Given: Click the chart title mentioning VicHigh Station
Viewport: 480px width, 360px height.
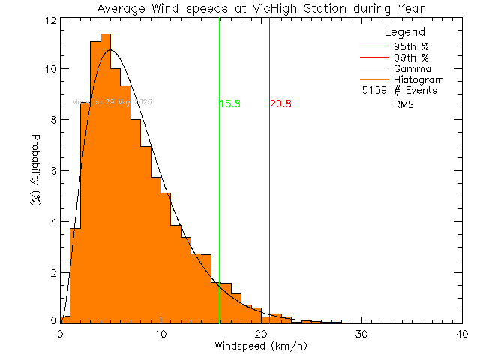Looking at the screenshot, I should click(260, 8).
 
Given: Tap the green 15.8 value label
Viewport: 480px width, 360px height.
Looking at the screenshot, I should click(229, 103).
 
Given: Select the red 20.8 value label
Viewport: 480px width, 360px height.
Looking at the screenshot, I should click(280, 103).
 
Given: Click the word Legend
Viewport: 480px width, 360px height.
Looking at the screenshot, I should click(405, 32).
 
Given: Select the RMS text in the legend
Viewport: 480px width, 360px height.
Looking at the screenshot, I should click(403, 105).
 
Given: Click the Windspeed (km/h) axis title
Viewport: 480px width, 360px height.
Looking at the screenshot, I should click(260, 346).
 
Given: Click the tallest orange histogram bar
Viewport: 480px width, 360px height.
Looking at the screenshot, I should click(106, 180).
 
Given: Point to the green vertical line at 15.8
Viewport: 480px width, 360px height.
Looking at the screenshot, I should click(219, 187).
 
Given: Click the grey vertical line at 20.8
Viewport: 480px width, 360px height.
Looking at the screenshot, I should click(269, 187).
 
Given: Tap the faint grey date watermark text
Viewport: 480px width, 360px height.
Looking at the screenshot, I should click(112, 101).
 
